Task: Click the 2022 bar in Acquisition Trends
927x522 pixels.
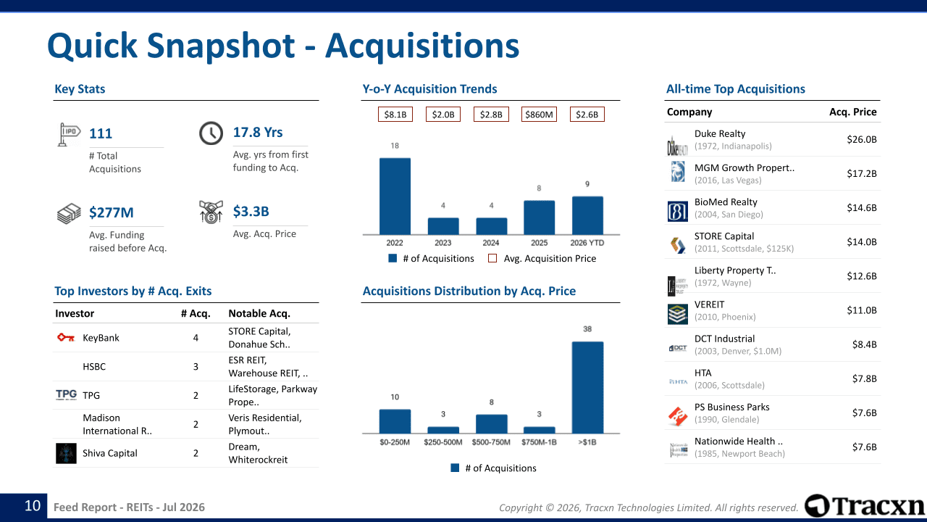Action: [395, 196]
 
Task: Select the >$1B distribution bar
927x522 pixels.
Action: [587, 387]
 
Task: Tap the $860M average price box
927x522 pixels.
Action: [539, 115]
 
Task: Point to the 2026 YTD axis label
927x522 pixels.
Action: [587, 243]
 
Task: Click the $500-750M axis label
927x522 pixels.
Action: [491, 442]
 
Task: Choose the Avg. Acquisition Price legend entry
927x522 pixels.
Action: [542, 259]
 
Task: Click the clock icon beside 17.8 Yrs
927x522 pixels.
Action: [211, 133]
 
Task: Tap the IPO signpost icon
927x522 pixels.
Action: [69, 135]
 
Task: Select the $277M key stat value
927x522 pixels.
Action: [112, 212]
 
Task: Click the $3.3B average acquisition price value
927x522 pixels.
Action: [251, 211]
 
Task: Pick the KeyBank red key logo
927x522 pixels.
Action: [66, 338]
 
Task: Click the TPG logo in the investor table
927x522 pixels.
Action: [66, 394]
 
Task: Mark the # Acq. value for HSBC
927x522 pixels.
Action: [196, 367]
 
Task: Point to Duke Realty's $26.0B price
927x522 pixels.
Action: [862, 140]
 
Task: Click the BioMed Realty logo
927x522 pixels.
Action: [677, 211]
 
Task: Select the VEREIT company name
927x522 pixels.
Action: [709, 304]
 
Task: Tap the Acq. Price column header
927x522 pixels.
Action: [853, 112]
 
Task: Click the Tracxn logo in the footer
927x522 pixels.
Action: [864, 506]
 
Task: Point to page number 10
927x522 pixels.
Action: [33, 506]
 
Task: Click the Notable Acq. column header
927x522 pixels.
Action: [259, 314]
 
